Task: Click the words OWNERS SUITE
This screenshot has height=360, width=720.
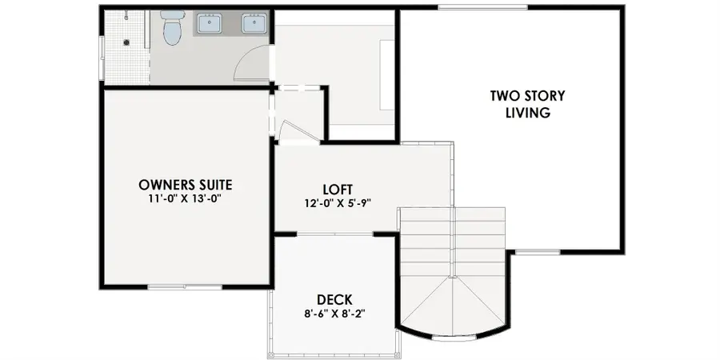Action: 185,185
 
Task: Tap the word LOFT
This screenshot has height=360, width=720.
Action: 338,190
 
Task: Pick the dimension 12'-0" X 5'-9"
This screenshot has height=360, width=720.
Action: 338,203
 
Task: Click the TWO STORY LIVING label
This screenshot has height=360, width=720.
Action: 527,104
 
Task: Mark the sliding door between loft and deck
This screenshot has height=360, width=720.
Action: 335,234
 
